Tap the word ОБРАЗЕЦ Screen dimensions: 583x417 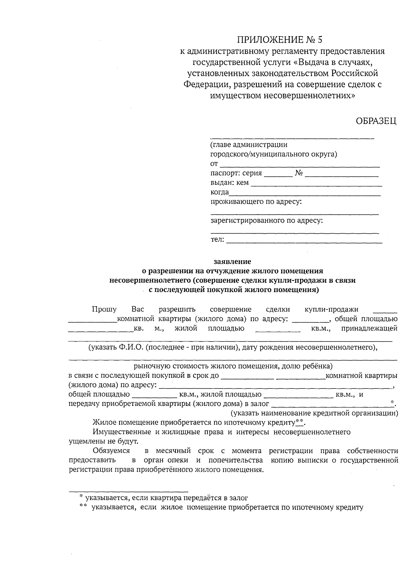pyautogui.click(x=376, y=121)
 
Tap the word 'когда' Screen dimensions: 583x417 pyautogui.click(x=220, y=192)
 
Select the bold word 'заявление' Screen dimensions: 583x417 pyautogui.click(x=232, y=261)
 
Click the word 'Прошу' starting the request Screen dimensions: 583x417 pyautogui.click(x=104, y=309)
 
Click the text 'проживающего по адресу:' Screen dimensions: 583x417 pyautogui.click(x=256, y=201)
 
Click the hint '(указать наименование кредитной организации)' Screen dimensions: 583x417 pyautogui.click(x=315, y=413)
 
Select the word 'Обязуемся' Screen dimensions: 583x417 pyautogui.click(x=111, y=451)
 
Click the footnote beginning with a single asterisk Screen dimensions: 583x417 pyautogui.click(x=163, y=498)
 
